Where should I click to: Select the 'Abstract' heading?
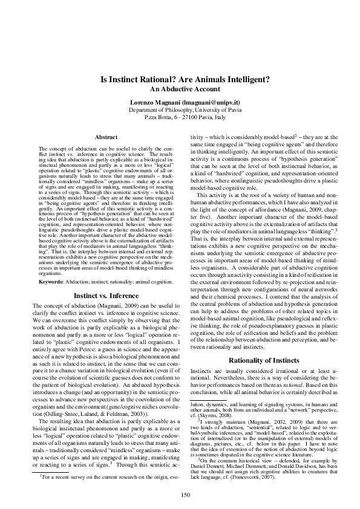(106, 138)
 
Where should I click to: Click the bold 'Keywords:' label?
(51, 282)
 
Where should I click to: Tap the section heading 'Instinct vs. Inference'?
(106, 296)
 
